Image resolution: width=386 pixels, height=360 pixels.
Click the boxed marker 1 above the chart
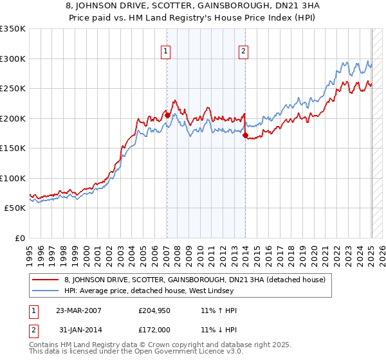166,52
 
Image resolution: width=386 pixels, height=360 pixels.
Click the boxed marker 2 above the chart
244,52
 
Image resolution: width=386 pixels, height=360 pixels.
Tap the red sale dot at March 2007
167,115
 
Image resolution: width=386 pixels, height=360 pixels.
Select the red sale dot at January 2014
245,135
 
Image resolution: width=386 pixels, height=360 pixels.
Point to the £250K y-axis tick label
13,89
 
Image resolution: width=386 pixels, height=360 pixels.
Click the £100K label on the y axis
13,178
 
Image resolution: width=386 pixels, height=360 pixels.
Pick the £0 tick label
20,238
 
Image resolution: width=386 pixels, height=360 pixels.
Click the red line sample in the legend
45,280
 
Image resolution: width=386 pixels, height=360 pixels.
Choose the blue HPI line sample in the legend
45,291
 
